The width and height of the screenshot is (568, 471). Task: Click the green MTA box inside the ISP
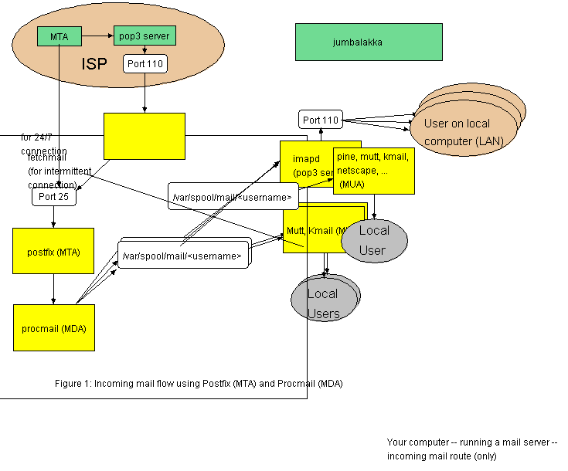click(59, 36)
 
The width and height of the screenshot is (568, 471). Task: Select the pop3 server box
click(145, 36)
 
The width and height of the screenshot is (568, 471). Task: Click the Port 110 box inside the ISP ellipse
click(145, 64)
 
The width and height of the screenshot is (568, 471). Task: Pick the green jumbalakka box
click(369, 42)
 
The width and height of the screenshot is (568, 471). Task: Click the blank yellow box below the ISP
click(145, 136)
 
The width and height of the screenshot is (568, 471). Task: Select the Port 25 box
click(54, 197)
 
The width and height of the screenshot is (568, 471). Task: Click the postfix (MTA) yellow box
click(53, 251)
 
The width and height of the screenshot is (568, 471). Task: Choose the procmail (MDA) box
click(53, 327)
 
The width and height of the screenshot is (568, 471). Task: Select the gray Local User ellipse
click(373, 239)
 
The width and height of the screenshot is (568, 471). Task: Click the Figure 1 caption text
click(199, 383)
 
